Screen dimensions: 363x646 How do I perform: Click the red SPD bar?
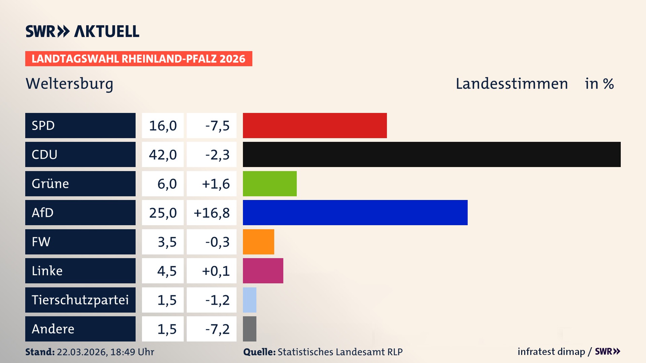315,125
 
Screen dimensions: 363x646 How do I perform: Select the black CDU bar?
432,154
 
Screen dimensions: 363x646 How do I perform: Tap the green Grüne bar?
270,184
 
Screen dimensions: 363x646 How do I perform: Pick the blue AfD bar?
355,212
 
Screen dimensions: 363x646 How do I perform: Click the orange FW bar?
258,242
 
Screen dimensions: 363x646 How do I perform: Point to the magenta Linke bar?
263,271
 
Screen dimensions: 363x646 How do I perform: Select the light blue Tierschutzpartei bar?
250,300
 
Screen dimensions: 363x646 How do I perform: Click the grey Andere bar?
250,329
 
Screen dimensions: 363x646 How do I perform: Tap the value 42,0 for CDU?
163,155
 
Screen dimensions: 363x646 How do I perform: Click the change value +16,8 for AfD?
212,213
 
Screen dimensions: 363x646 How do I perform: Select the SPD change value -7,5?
217,126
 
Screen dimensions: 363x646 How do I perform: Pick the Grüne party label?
50,184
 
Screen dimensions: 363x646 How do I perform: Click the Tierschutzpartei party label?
80,300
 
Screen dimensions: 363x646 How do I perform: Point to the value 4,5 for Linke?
167,271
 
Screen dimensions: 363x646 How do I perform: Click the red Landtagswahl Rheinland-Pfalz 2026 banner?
139,59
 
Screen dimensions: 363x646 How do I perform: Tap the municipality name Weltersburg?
69,84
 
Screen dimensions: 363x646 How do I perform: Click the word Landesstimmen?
511,84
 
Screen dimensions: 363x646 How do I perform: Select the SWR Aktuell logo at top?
82,31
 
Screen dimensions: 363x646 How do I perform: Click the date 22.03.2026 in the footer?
82,352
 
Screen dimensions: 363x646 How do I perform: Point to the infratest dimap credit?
551,352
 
